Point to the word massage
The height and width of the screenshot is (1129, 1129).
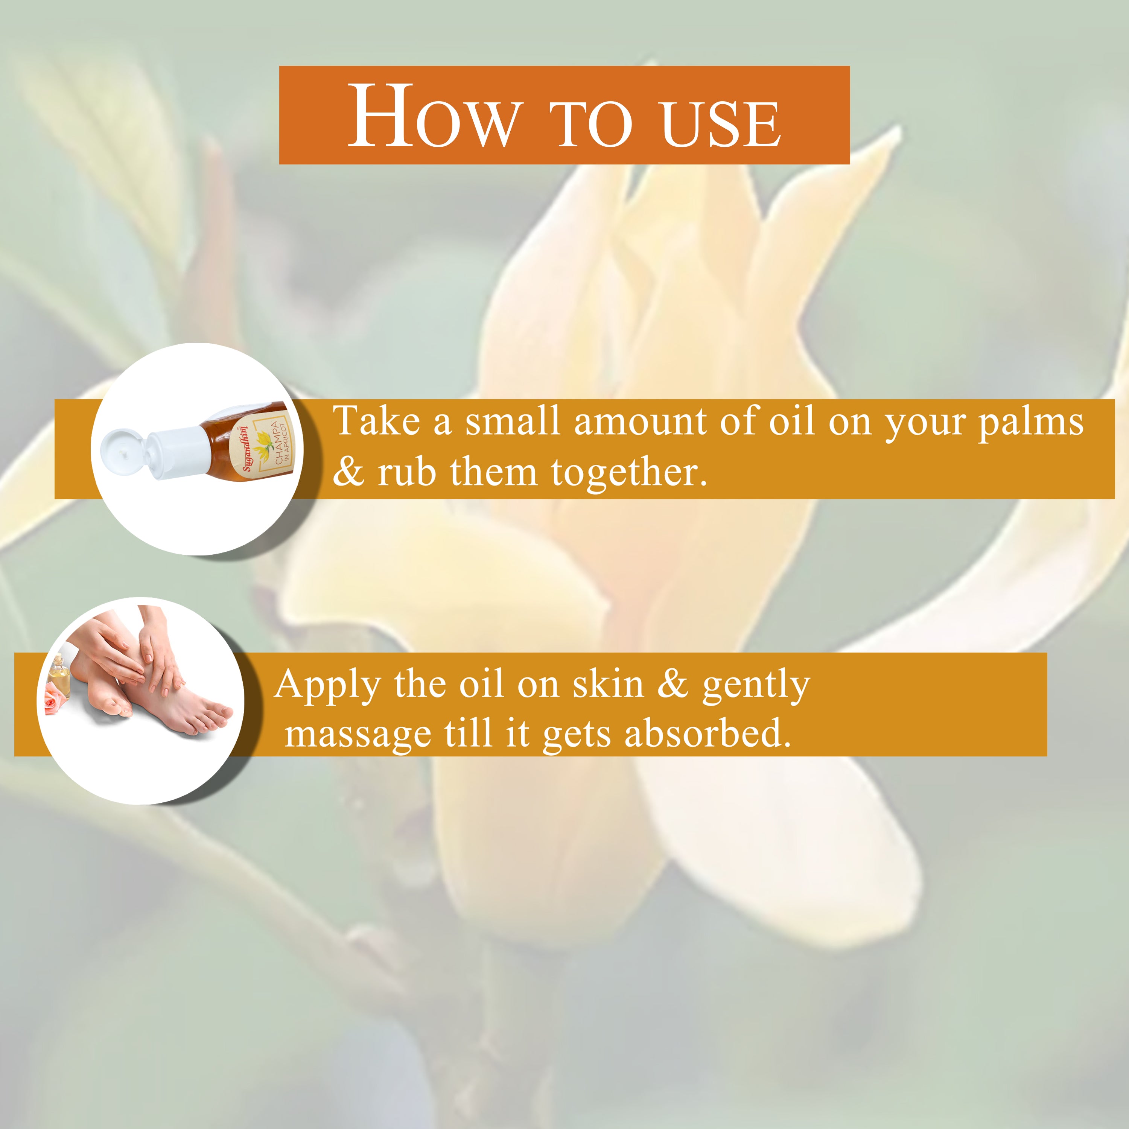pos(358,735)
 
